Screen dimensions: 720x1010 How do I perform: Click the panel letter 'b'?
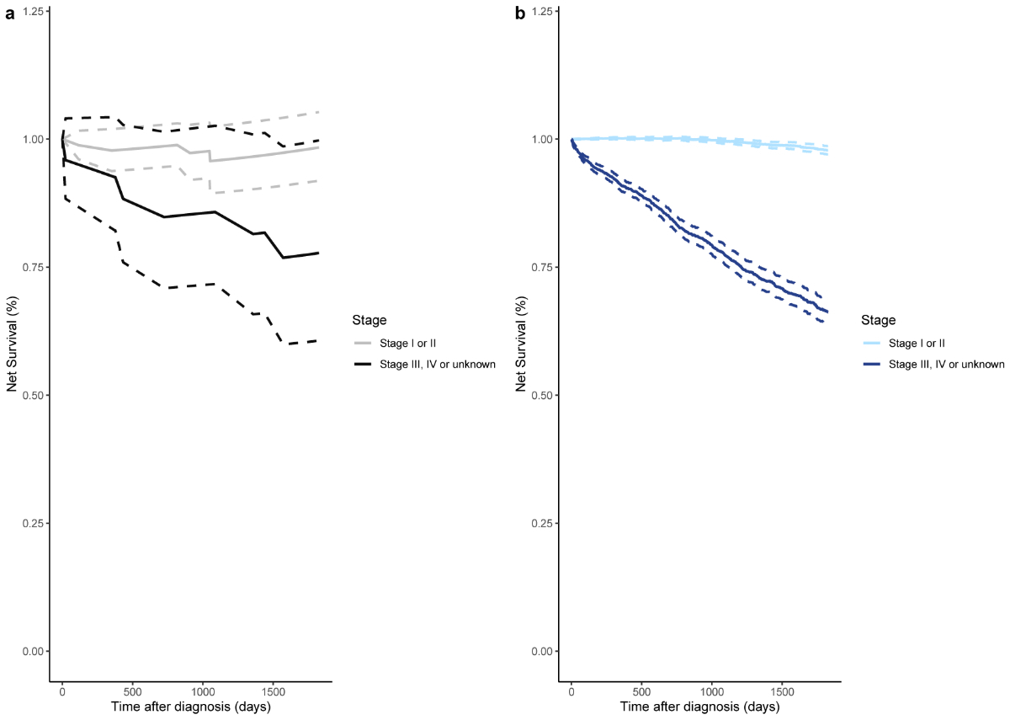(519, 13)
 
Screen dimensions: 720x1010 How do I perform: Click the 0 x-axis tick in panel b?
(571, 691)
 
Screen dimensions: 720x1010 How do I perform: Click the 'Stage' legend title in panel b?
(878, 320)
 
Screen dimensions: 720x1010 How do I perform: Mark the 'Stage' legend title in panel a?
(369, 320)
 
